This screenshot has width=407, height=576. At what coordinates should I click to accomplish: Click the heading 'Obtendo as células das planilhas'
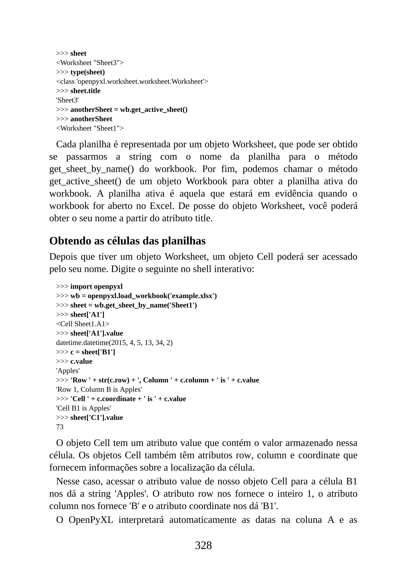tap(127, 241)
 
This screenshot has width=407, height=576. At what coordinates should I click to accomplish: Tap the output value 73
tap(60, 427)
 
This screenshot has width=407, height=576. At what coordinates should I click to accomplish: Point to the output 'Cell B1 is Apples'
tap(83, 408)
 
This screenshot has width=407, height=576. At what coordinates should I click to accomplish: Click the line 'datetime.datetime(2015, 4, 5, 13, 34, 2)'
tap(114, 342)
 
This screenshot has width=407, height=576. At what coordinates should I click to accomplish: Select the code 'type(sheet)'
tap(87, 72)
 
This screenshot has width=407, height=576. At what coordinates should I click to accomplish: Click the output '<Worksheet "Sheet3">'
tap(90, 63)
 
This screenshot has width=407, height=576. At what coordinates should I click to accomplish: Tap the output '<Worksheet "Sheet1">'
tap(90, 128)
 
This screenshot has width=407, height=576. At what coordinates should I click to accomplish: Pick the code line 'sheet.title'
tap(85, 91)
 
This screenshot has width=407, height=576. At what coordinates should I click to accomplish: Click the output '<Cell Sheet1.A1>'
tap(83, 324)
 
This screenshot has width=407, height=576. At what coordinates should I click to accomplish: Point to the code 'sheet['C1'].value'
tap(97, 417)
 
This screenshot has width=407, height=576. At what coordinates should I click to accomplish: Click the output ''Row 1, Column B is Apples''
tap(99, 389)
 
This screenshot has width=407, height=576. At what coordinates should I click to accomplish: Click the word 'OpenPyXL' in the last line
tap(91, 520)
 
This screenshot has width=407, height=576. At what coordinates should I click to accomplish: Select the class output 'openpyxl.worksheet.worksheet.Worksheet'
tap(141, 82)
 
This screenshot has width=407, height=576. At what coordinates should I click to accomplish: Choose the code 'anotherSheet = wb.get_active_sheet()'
tap(129, 110)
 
